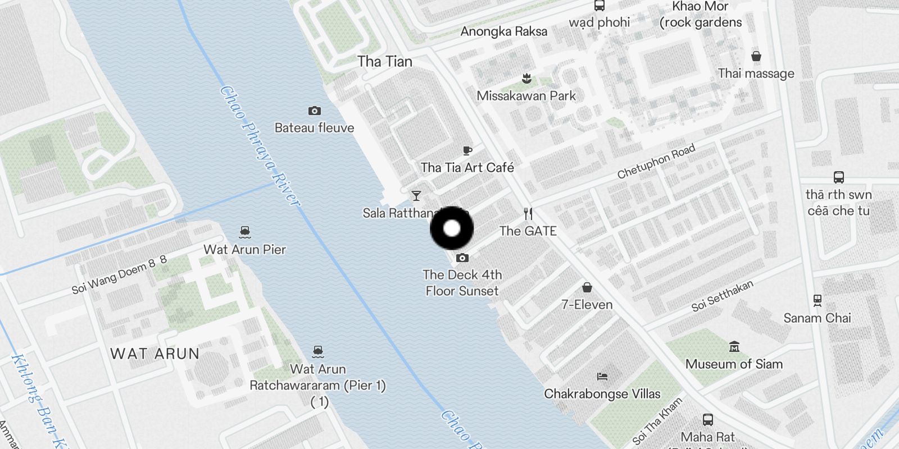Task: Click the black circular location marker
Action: click(x=452, y=228)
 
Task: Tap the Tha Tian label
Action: click(x=385, y=61)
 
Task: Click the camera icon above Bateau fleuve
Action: click(x=315, y=111)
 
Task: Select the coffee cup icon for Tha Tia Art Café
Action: click(x=467, y=150)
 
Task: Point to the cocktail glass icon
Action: click(x=416, y=196)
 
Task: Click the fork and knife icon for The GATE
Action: click(x=528, y=214)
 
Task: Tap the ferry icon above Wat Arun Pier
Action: click(x=244, y=232)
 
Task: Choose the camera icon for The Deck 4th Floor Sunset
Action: click(x=462, y=258)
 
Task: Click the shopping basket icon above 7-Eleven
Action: click(x=587, y=287)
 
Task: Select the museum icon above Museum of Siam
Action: click(x=734, y=346)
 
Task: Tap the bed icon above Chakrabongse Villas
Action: click(x=602, y=376)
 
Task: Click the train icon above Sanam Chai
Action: click(x=817, y=300)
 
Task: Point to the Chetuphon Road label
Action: click(x=656, y=162)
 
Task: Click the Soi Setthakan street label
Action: click(x=722, y=296)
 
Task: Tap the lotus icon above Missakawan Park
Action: click(x=526, y=78)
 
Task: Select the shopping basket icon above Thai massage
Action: click(x=756, y=56)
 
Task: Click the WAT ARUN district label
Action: click(x=155, y=354)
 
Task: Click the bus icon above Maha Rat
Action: click(x=708, y=419)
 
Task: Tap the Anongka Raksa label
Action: click(x=503, y=31)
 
